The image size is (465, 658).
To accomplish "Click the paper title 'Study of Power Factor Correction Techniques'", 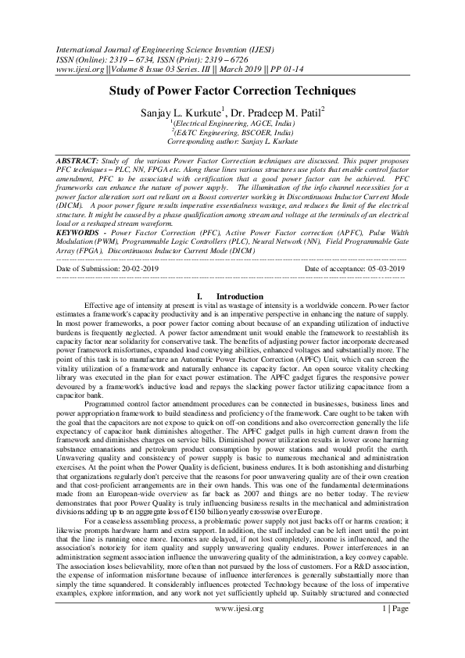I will click(232, 91).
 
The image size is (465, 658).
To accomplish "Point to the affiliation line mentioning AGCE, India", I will click(232, 123).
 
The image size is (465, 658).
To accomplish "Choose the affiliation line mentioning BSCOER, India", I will click(232, 133).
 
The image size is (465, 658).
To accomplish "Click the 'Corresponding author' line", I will click(232, 142).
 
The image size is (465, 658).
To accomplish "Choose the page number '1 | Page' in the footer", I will click(399, 630).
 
